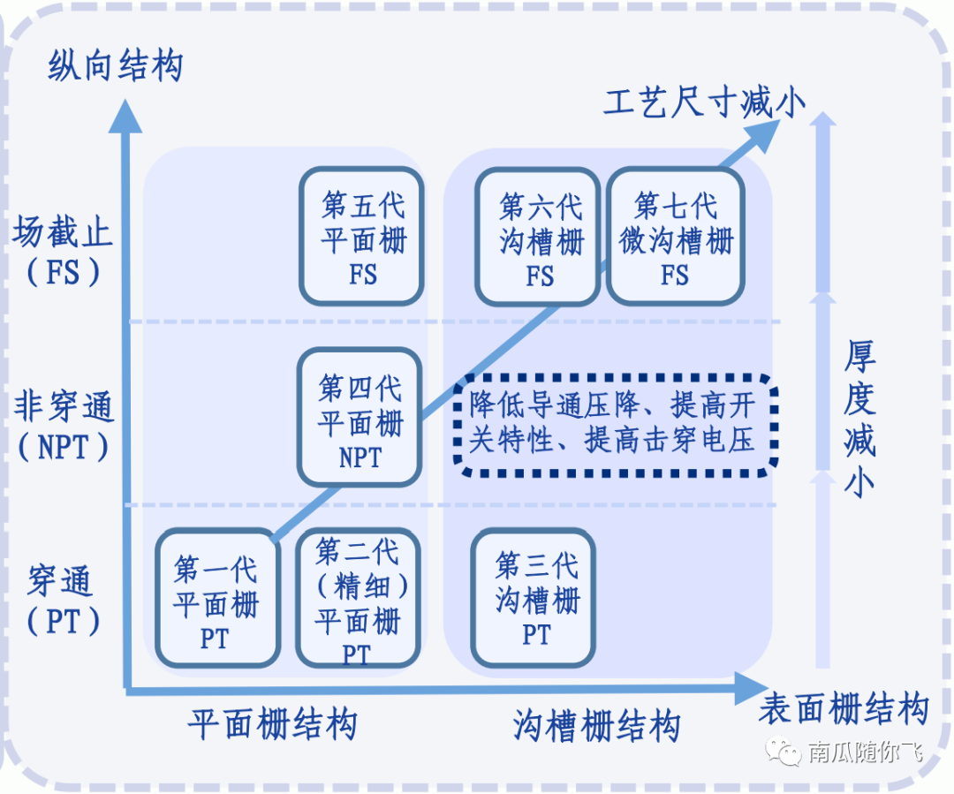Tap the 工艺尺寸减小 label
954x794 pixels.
pos(704,103)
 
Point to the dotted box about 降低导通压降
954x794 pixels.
pos(616,422)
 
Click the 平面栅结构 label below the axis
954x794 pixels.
pos(273,725)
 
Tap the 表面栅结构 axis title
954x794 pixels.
pos(844,709)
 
